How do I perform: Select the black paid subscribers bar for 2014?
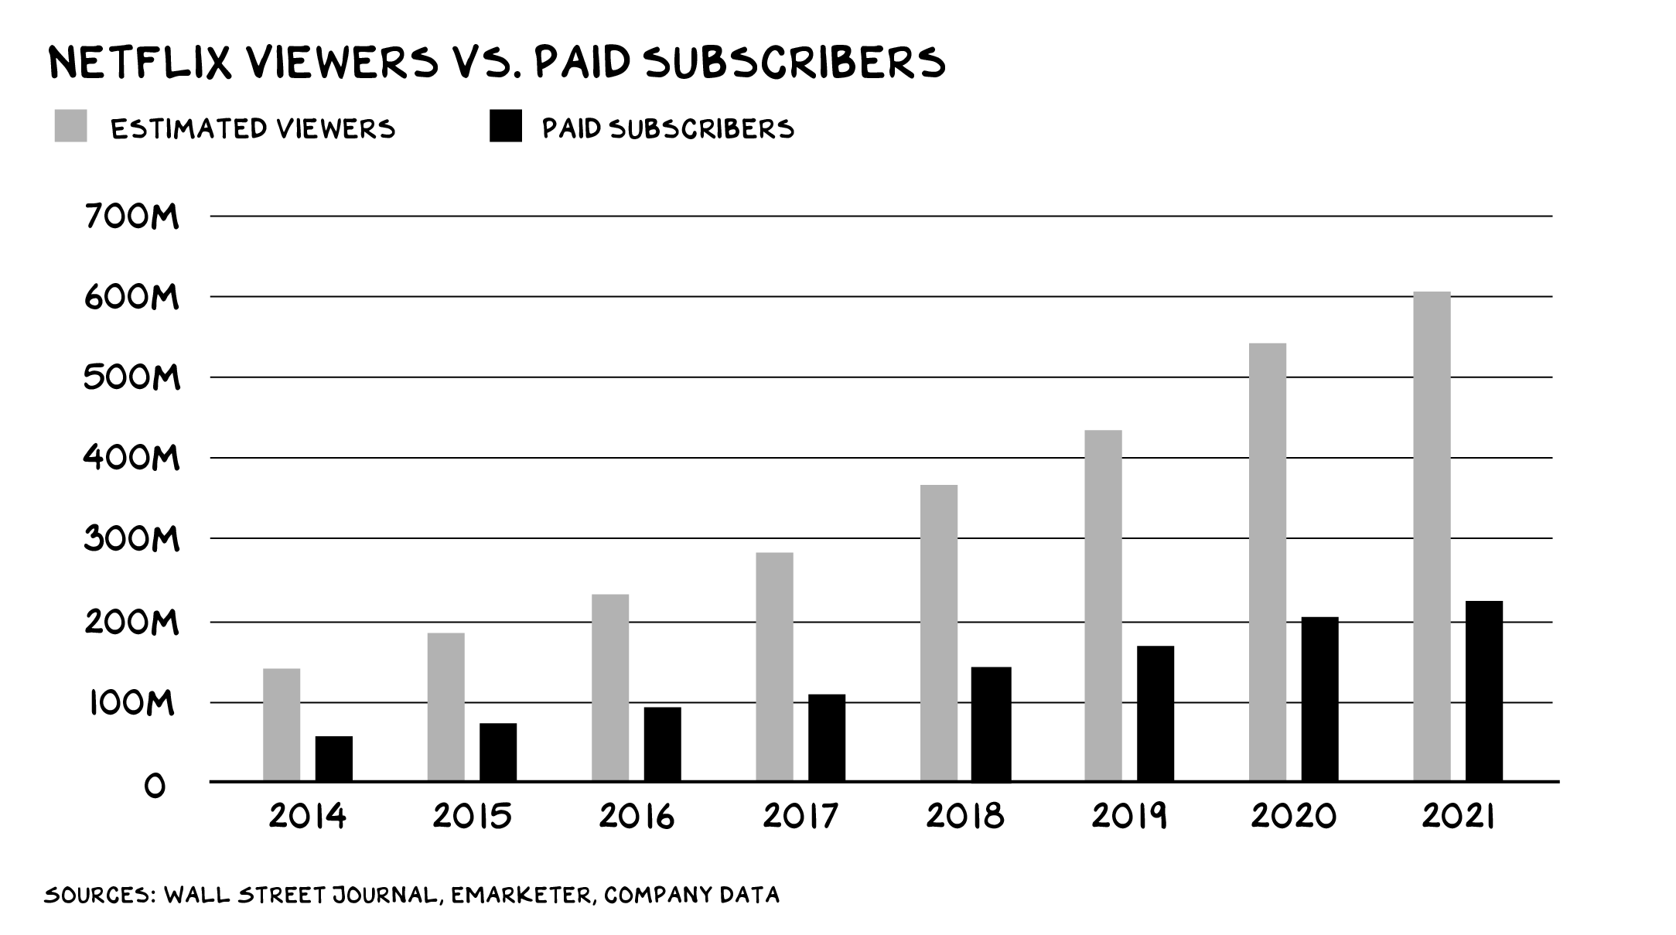(x=333, y=759)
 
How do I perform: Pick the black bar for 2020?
(x=1319, y=699)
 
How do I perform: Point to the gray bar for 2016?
(x=610, y=688)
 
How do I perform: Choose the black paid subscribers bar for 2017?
(x=827, y=738)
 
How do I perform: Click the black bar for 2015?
(x=498, y=752)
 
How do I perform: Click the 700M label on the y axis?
(x=132, y=217)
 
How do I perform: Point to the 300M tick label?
(x=132, y=539)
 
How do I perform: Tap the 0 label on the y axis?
(x=155, y=786)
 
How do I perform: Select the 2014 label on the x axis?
(x=307, y=817)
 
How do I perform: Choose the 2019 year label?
(x=1129, y=817)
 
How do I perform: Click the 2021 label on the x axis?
(x=1458, y=817)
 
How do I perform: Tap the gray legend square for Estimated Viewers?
(x=70, y=126)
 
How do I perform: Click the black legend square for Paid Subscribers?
(x=506, y=126)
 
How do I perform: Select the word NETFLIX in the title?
(x=140, y=63)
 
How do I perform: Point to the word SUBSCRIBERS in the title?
(x=794, y=63)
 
